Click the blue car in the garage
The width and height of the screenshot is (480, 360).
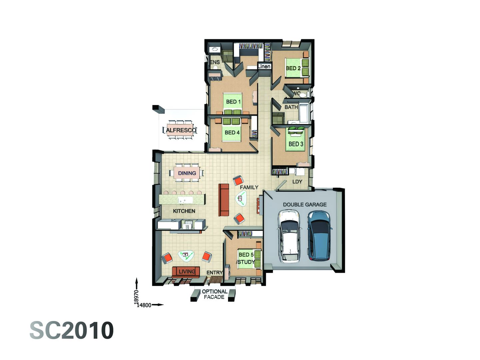[319, 235]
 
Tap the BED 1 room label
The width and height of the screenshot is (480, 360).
[233, 102]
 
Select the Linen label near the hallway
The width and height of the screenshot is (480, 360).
[264, 67]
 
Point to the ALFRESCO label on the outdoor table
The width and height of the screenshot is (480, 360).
[181, 130]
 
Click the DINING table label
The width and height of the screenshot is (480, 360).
[187, 173]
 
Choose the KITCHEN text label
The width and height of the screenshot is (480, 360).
[184, 211]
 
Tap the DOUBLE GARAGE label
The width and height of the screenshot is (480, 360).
[305, 204]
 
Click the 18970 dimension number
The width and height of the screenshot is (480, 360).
[136, 296]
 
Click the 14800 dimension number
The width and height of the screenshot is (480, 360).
[144, 305]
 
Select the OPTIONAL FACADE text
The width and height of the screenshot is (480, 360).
[214, 294]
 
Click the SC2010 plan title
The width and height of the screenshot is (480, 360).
[72, 331]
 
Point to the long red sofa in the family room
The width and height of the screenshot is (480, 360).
[224, 200]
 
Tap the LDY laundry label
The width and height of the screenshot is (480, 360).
[297, 182]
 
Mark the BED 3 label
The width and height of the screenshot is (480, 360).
[296, 144]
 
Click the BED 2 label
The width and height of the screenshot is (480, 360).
[293, 68]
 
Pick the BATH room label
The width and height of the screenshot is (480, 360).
[291, 107]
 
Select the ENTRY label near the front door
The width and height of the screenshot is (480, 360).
[214, 273]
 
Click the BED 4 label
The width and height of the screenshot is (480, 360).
[232, 132]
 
